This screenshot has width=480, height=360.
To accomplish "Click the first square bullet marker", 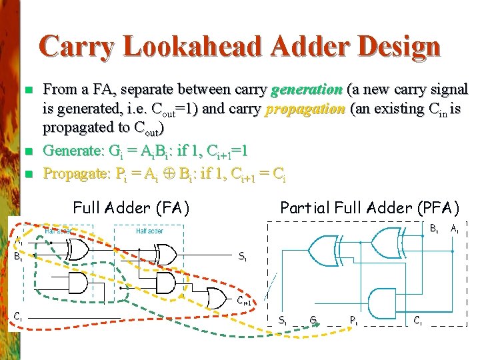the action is tap(27, 89).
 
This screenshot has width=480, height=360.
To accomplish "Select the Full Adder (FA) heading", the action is tap(131, 208).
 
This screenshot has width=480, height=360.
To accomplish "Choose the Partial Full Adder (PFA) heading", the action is tap(369, 208).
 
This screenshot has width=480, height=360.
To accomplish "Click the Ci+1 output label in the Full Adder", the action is tap(245, 301).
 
